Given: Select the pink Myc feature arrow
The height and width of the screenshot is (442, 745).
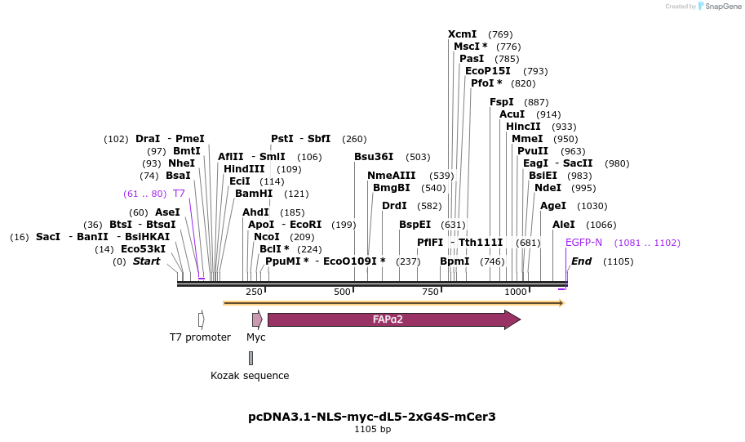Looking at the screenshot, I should [x=256, y=319].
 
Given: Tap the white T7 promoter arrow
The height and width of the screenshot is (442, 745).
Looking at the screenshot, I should [x=201, y=319].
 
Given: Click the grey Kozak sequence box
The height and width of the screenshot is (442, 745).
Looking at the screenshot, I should [x=251, y=358].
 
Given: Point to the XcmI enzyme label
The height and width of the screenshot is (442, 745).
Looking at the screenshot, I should [x=462, y=34].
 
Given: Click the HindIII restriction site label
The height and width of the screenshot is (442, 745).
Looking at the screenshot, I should [x=244, y=169].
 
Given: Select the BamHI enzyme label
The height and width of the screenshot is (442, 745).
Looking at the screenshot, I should [x=254, y=194].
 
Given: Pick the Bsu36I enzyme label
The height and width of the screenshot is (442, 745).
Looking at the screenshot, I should [x=374, y=157].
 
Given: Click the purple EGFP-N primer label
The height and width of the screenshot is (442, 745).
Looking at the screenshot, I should [x=583, y=243].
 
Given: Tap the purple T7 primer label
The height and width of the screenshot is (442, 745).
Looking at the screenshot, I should [x=179, y=194].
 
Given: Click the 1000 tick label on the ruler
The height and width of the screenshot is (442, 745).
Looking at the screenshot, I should [x=515, y=292].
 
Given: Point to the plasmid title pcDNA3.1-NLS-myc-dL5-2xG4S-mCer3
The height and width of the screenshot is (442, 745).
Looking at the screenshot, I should [x=372, y=417].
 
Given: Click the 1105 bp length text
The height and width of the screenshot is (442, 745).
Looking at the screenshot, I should [x=372, y=429].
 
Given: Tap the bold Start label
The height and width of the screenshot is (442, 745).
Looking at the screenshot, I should [x=147, y=261].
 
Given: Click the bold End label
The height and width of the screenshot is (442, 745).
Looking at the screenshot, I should [x=581, y=261].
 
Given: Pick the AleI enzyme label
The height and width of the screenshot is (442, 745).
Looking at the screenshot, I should [x=564, y=225].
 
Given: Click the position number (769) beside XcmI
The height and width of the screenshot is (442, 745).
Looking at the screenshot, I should [x=500, y=34].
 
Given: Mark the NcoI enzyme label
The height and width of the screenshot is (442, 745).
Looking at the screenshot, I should [x=267, y=237].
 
